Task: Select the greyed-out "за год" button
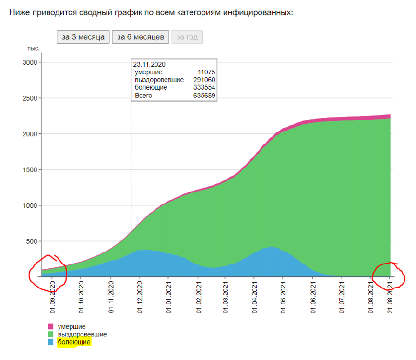pos(187,37)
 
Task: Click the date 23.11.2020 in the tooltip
pos(149,64)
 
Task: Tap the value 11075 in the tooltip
pos(206,72)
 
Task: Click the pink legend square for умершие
pos(51,326)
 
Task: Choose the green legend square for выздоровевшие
pos(51,334)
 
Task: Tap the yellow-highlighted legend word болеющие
pos(74,342)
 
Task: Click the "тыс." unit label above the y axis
pos(33,48)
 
